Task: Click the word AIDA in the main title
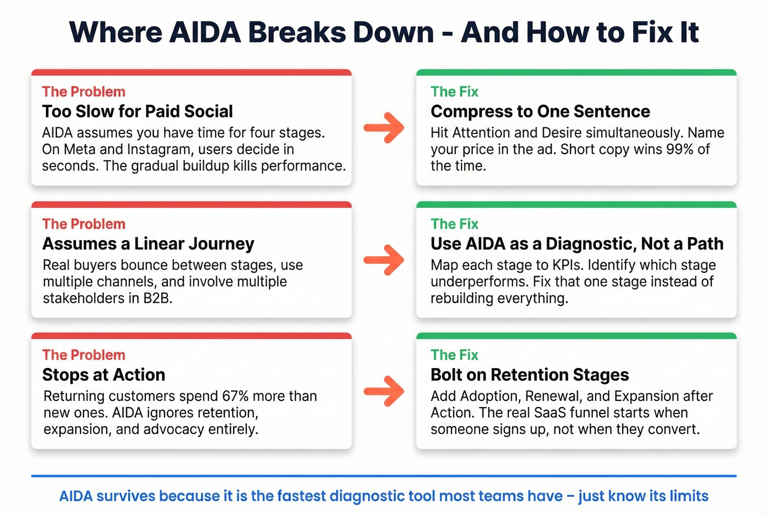205,32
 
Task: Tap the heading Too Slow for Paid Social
137,111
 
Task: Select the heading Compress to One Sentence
540,111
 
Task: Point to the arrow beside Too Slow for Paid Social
384,128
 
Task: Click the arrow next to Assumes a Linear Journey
384,259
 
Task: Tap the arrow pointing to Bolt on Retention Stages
384,391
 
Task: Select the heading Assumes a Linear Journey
148,244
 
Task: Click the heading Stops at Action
104,375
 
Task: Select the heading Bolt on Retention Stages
529,375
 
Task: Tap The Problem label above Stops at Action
83,355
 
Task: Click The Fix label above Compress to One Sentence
454,92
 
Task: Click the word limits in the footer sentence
688,496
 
